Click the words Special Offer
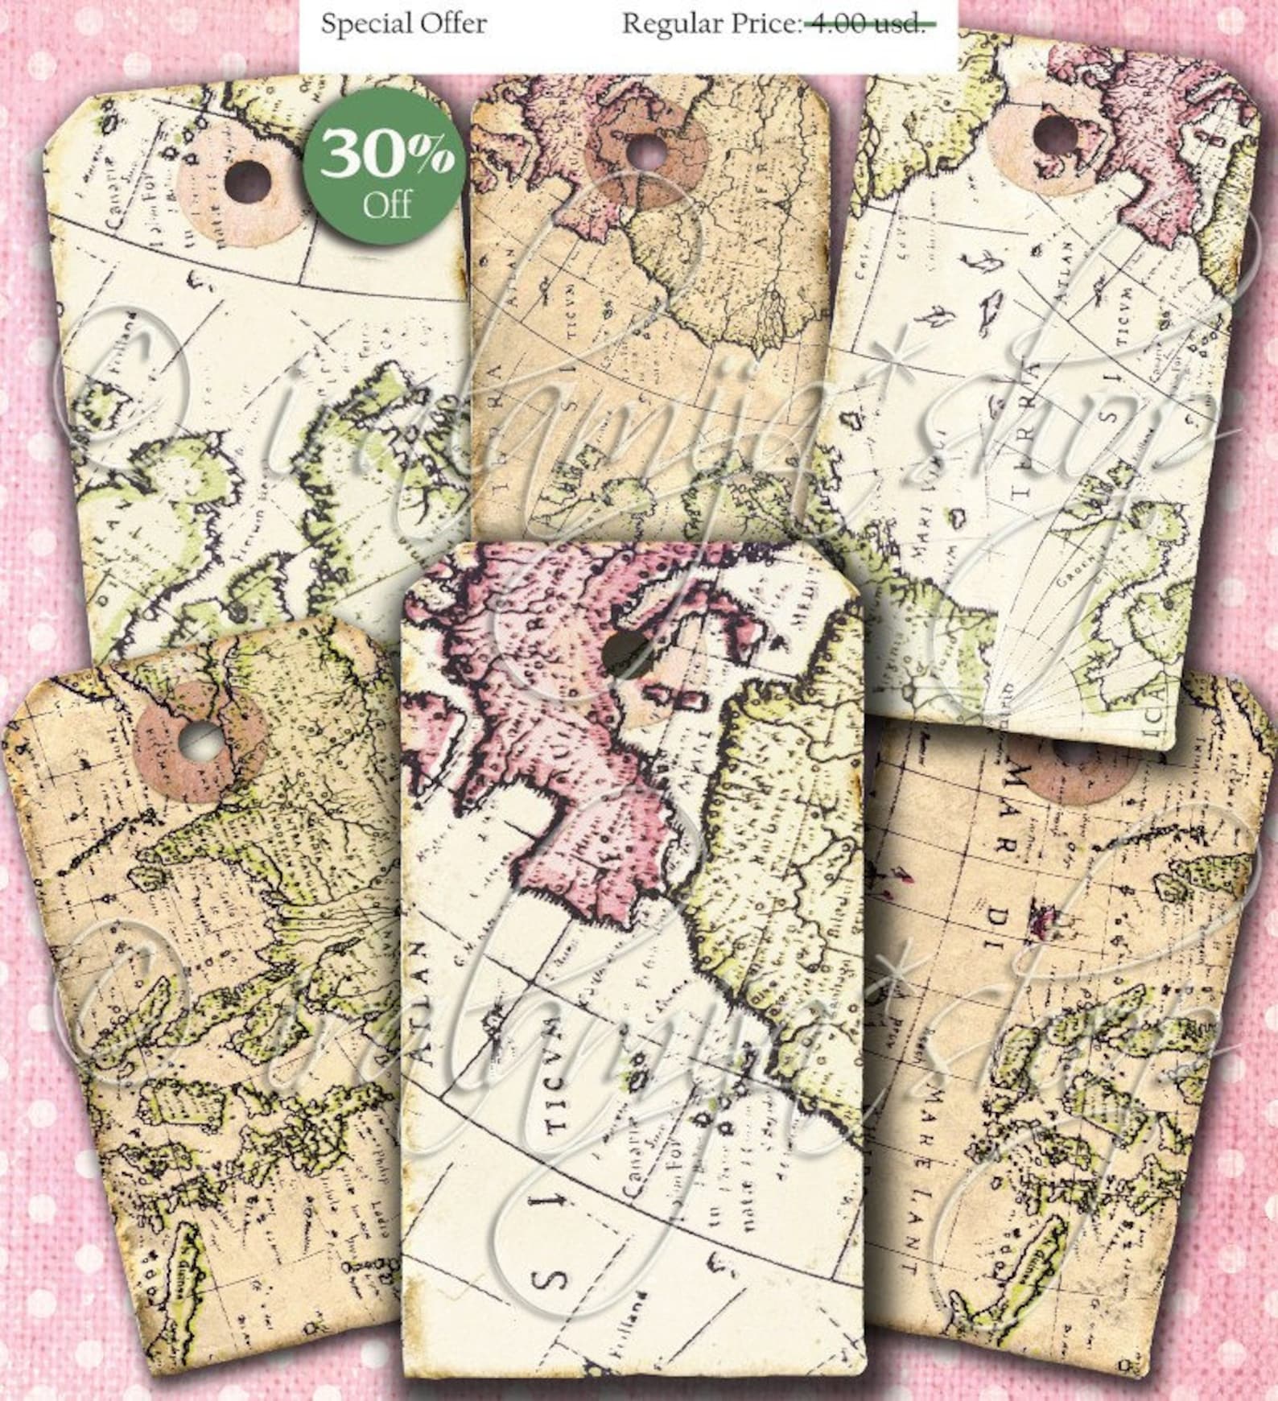pyautogui.click(x=403, y=23)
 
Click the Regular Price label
pyautogui.click(x=711, y=23)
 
